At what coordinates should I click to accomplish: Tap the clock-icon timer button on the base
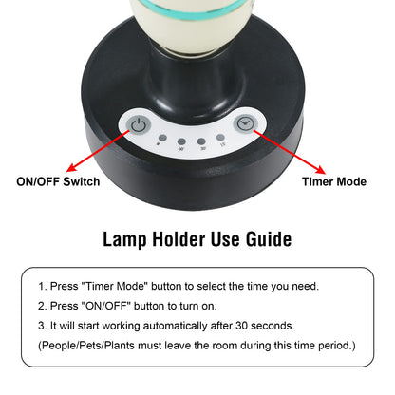point(245,123)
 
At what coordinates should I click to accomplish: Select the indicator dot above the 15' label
point(221,138)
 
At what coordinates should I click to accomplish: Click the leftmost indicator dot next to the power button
point(162,138)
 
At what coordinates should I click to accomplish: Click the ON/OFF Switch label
point(60,180)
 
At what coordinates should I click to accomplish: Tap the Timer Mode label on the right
point(333,180)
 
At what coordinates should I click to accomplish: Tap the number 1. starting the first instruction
point(43,286)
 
